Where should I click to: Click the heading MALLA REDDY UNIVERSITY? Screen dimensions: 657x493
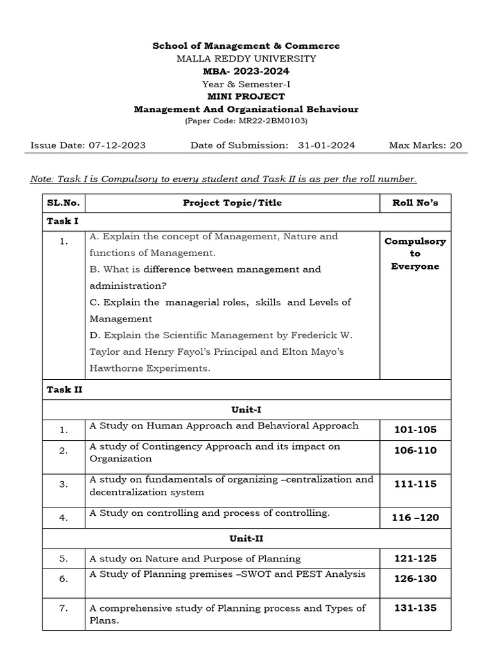point(246,58)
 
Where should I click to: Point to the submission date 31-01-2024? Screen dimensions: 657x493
point(326,145)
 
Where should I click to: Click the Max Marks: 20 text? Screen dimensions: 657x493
point(425,145)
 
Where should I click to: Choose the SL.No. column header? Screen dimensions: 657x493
point(63,203)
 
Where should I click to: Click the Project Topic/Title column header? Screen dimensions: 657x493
point(232,203)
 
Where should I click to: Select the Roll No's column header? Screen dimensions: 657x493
point(415,203)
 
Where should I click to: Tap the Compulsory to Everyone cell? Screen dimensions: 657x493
point(415,253)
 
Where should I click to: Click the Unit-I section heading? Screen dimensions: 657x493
point(246,409)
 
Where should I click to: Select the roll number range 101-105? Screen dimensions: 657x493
point(415,429)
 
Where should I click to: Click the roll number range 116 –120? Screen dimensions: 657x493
point(415,517)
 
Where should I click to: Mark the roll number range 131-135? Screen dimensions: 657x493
point(415,607)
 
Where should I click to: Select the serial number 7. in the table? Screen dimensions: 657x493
point(63,608)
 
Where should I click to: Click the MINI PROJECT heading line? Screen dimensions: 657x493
point(246,96)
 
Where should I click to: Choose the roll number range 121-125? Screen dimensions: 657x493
point(415,558)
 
